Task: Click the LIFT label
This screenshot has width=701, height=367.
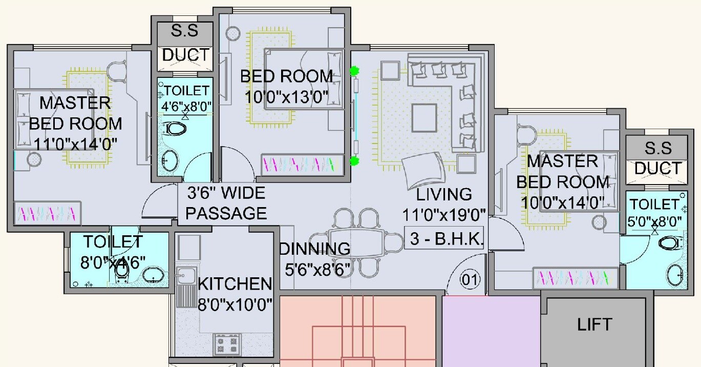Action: click(594, 324)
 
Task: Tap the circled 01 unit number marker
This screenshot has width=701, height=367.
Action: click(470, 280)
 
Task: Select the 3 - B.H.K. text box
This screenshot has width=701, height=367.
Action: click(444, 239)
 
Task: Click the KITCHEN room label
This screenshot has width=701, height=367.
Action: click(235, 283)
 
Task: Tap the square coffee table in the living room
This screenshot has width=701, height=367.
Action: click(424, 117)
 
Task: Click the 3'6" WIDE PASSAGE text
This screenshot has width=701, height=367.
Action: click(226, 203)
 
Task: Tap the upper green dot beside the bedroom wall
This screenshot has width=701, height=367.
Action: click(353, 72)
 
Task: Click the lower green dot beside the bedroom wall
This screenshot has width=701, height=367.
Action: click(353, 162)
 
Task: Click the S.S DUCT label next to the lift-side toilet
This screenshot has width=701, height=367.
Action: click(658, 158)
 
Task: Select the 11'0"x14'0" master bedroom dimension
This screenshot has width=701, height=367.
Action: click(76, 142)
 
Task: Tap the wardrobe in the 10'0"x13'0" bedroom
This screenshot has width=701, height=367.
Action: click(302, 165)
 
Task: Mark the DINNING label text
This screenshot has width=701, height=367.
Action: click(315, 250)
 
